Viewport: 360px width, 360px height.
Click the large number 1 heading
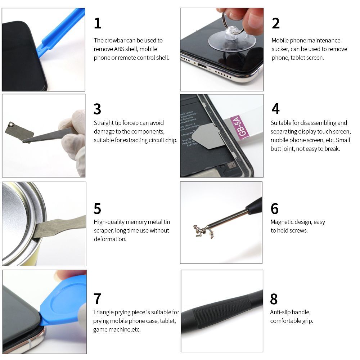pos(98,23)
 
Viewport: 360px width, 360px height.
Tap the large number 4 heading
pos(275,109)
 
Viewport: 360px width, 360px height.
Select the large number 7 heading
pos(97,299)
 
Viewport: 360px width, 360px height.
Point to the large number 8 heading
pos(274,299)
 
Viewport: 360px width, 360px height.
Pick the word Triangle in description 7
pos(103,312)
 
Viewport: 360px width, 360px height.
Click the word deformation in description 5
pos(110,239)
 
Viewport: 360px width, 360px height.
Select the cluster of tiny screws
pos(203,231)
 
